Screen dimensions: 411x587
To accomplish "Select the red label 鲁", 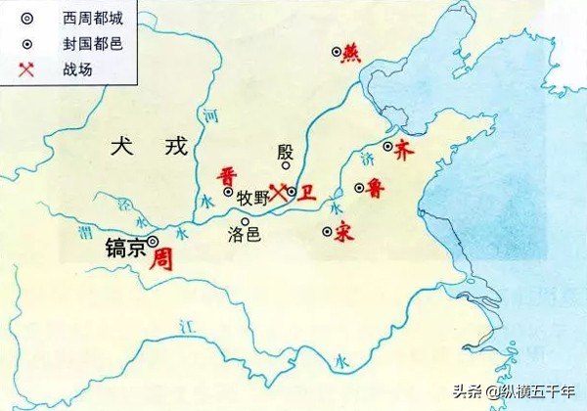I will point(376,189).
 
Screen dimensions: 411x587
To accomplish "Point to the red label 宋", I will point(342,233).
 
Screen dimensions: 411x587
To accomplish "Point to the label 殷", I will point(285,152).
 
